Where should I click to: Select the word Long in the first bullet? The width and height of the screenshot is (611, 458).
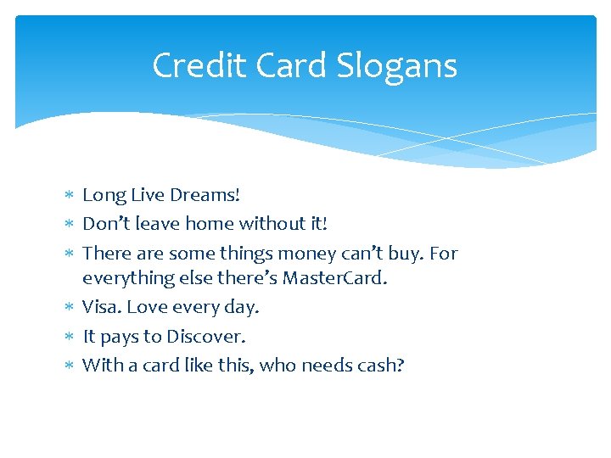(x=103, y=195)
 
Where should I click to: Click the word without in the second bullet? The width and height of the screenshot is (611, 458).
(x=266, y=224)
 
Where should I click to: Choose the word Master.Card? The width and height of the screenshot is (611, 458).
(x=334, y=277)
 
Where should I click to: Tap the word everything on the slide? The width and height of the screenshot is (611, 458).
(x=125, y=278)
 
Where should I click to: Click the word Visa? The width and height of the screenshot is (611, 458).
(x=100, y=307)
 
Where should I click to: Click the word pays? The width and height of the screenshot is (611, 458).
(x=118, y=337)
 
